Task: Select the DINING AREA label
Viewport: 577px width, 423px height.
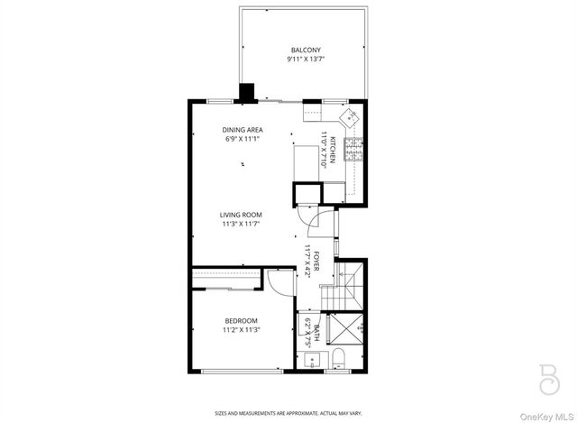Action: [x=243, y=130]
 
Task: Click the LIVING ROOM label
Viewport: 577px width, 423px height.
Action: [x=242, y=215]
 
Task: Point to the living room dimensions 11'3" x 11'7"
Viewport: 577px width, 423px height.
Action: [x=242, y=225]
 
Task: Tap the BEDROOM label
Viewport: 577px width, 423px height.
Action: [x=242, y=321]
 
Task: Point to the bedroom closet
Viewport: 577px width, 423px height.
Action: [x=225, y=279]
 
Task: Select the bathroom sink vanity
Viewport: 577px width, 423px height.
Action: [x=311, y=360]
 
